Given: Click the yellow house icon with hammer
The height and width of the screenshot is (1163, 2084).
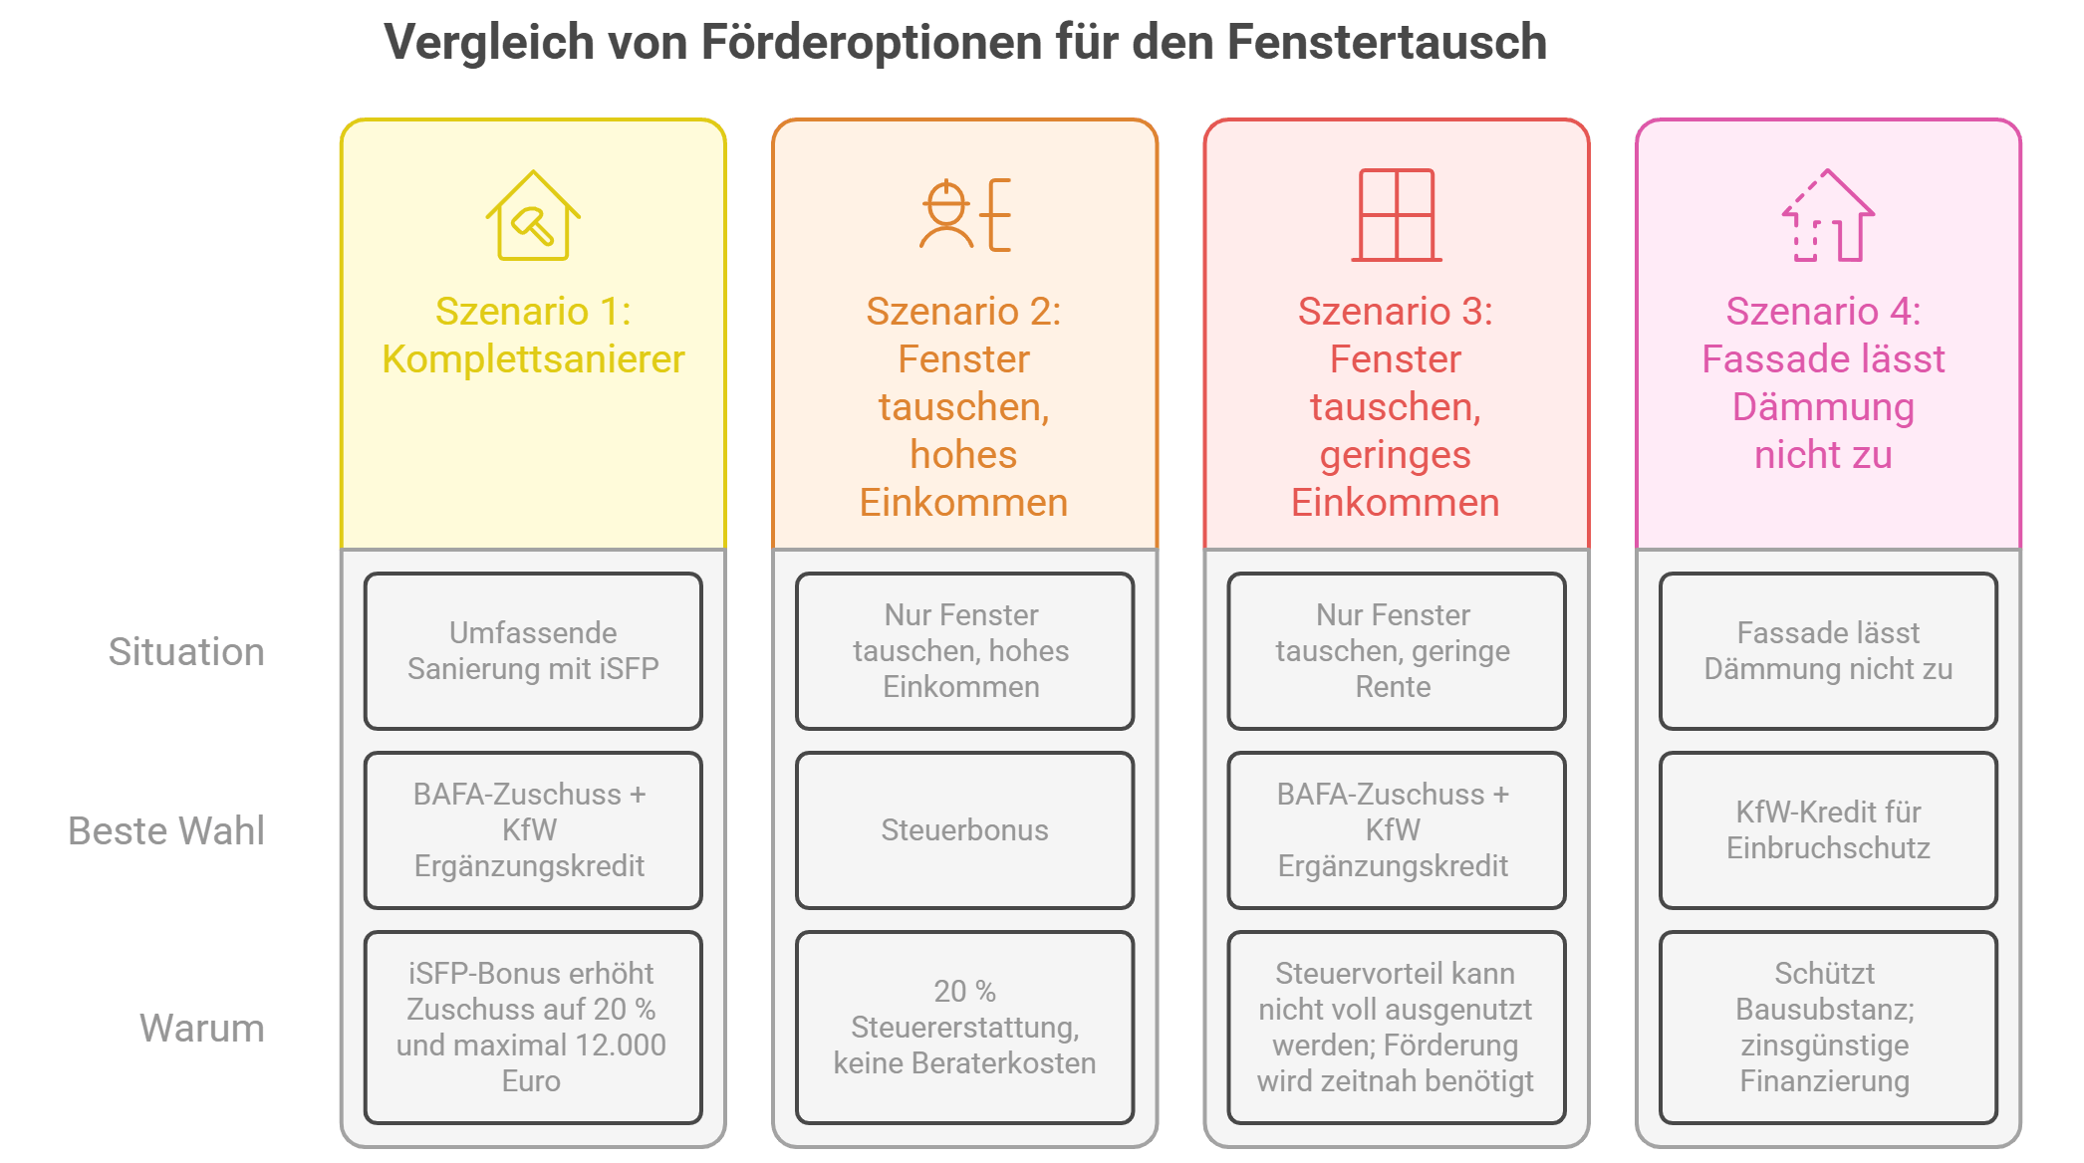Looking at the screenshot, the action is pyautogui.click(x=533, y=215).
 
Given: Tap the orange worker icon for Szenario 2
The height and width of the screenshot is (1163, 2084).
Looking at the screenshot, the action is pyautogui.click(x=965, y=215).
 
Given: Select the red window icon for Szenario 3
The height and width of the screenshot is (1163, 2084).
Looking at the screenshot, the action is pyautogui.click(x=1397, y=215).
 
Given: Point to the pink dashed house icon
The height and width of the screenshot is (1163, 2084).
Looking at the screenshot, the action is pyautogui.click(x=1828, y=215).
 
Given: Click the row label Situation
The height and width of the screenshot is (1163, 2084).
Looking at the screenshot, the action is pyautogui.click(x=186, y=652).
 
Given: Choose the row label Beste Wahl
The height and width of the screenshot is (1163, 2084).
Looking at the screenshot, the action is pyautogui.click(x=166, y=831).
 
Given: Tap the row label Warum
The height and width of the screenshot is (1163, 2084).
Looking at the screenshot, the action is pyautogui.click(x=202, y=1028).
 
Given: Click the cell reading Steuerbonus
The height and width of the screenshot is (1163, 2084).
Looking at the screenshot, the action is pyautogui.click(x=965, y=830).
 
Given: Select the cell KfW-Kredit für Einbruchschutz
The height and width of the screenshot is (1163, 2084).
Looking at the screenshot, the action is pyautogui.click(x=1828, y=830).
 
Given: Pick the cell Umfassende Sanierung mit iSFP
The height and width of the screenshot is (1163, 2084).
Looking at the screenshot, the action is pyautogui.click(x=533, y=651).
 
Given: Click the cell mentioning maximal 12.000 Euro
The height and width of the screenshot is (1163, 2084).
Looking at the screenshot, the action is pyautogui.click(x=533, y=1028).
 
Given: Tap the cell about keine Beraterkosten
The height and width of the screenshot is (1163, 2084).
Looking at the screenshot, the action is pyautogui.click(x=965, y=1028).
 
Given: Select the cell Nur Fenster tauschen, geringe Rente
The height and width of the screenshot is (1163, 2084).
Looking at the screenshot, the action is pyautogui.click(x=1397, y=651).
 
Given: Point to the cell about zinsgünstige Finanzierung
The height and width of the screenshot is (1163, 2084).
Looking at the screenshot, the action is pyautogui.click(x=1828, y=1028).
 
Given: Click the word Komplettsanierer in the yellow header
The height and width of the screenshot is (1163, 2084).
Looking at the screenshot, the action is pyautogui.click(x=533, y=359).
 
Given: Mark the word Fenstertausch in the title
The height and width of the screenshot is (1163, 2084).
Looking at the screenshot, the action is pyautogui.click(x=1387, y=42).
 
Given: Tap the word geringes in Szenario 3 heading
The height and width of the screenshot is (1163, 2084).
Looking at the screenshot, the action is pyautogui.click(x=1396, y=456).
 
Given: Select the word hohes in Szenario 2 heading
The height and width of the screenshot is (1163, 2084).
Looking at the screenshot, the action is pyautogui.click(x=963, y=455).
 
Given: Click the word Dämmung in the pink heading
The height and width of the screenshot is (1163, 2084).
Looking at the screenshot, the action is pyautogui.click(x=1823, y=408).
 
